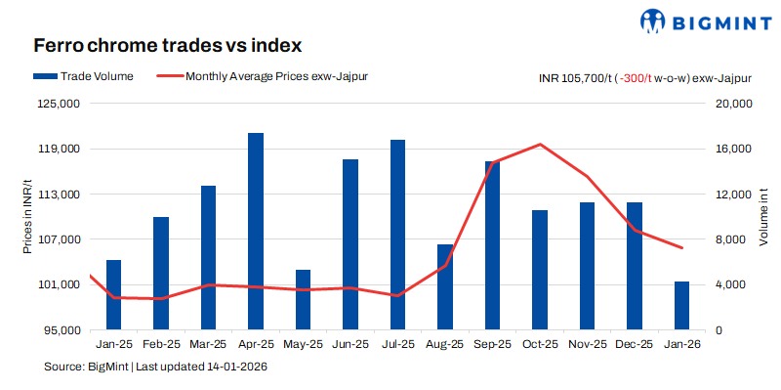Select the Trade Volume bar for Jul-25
(397, 235)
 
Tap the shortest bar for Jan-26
(681, 306)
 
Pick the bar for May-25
(303, 300)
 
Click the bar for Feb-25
(161, 274)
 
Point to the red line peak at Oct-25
(540, 145)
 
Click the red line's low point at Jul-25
(397, 295)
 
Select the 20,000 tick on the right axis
(728, 104)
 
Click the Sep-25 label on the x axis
(492, 344)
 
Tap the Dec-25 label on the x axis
(634, 344)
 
